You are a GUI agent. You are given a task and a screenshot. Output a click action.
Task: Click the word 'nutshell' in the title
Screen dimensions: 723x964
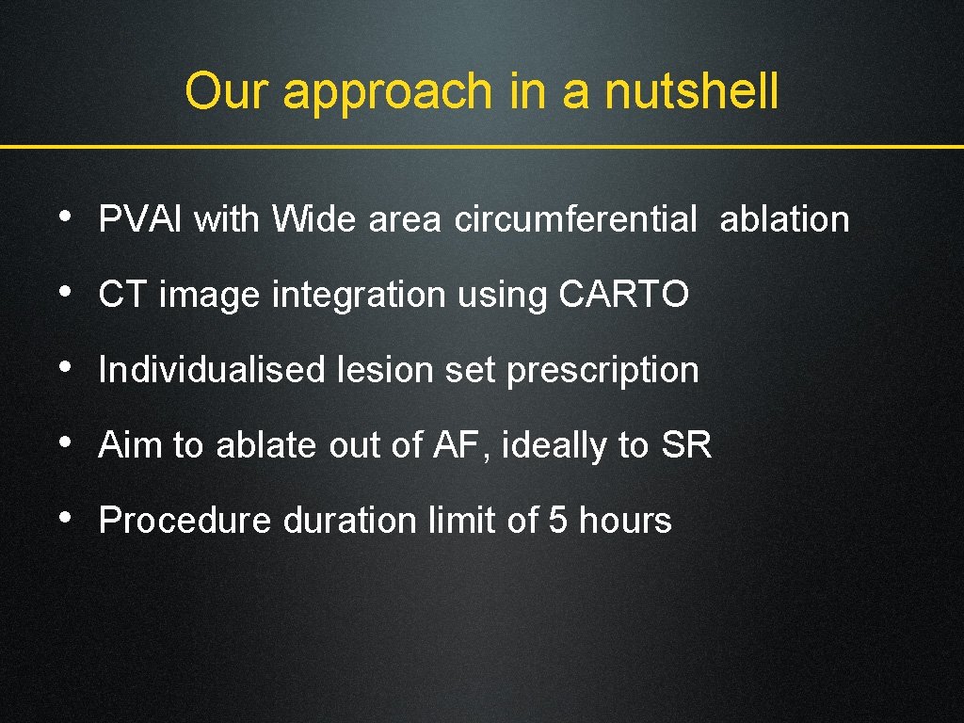pyautogui.click(x=691, y=92)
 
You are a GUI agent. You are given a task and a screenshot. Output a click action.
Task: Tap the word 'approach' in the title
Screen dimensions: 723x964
pyautogui.click(x=387, y=93)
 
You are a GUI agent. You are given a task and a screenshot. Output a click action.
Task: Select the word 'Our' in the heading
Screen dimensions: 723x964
pyautogui.click(x=228, y=92)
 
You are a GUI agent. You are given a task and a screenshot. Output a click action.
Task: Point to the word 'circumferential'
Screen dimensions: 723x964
pyautogui.click(x=575, y=219)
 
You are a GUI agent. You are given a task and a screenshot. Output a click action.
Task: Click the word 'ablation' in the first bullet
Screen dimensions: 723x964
pyautogui.click(x=784, y=219)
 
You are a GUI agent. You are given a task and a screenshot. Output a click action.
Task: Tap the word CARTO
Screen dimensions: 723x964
pyautogui.click(x=624, y=295)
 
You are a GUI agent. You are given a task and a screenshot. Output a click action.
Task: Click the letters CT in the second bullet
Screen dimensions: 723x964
pyautogui.click(x=123, y=295)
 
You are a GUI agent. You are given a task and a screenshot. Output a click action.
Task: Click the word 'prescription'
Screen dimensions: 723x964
pyautogui.click(x=602, y=371)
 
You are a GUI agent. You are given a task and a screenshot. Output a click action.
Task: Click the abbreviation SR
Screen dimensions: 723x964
pyautogui.click(x=686, y=445)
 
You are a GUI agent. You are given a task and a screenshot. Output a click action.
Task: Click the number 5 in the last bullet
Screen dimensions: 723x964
pyautogui.click(x=558, y=521)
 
